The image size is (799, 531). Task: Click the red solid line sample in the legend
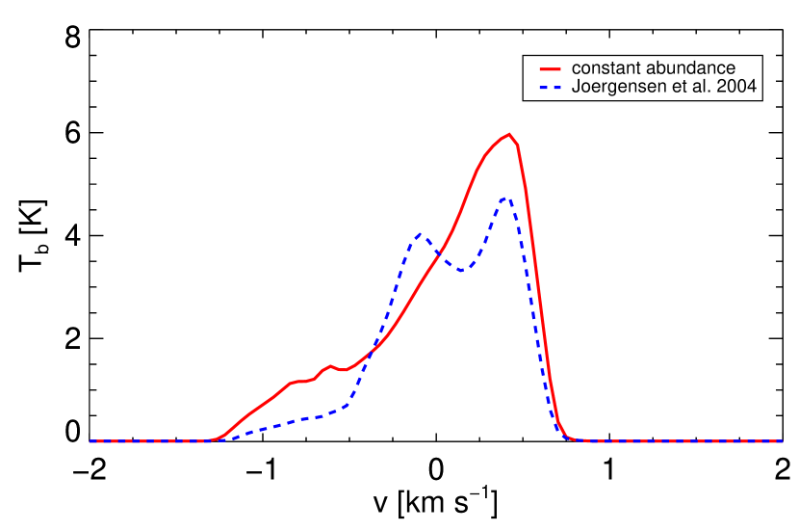tap(550, 69)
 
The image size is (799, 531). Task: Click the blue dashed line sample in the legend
tap(550, 89)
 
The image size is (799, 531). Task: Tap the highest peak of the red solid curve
tap(509, 134)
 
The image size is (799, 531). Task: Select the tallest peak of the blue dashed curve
tap(506, 199)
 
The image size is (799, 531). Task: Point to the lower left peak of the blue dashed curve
tap(419, 234)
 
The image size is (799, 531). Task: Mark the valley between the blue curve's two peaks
tap(461, 270)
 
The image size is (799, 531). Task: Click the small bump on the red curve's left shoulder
tap(330, 365)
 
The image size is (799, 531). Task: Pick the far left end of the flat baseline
tap(91, 441)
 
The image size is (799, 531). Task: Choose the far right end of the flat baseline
tap(781, 441)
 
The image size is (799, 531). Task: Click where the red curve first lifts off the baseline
tap(214, 439)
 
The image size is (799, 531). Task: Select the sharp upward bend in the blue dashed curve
tap(348, 405)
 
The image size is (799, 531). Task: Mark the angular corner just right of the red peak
tap(519, 146)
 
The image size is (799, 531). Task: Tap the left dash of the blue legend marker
tap(543, 89)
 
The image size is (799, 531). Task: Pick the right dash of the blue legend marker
tap(556, 89)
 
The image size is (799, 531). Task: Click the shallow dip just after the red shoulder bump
tap(342, 369)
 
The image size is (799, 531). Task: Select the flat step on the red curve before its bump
tap(301, 381)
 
